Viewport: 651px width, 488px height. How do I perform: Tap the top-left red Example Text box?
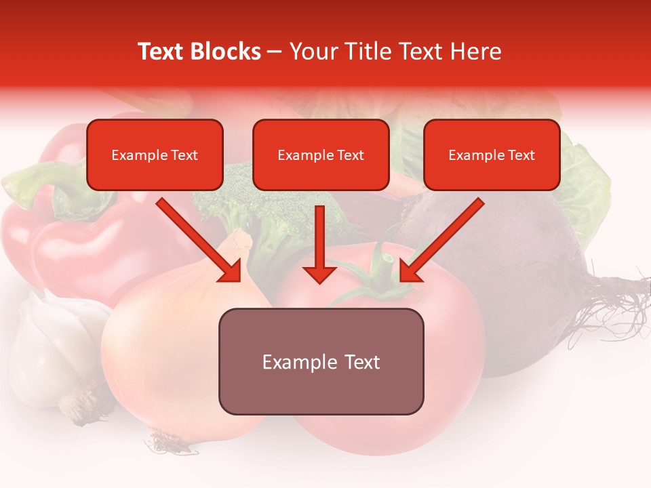pos(155,155)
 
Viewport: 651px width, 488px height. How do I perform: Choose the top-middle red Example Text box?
pos(321,155)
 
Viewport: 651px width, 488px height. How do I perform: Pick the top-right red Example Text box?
pos(492,155)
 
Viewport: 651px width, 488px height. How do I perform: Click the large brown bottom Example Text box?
pos(321,361)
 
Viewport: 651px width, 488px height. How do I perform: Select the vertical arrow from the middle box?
pos(319,244)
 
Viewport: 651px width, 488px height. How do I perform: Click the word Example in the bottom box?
pos(290,362)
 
